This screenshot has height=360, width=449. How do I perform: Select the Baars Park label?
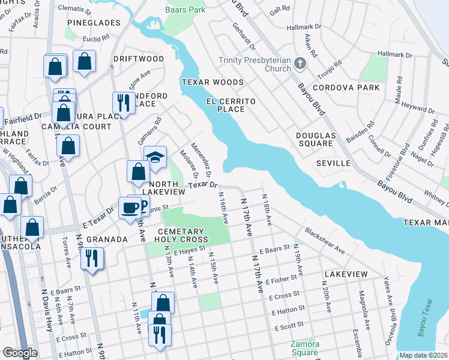point(185,10)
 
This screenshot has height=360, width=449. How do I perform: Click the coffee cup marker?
point(130,208)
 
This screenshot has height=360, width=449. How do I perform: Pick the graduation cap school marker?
point(155,157)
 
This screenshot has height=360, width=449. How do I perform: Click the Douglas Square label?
point(315,140)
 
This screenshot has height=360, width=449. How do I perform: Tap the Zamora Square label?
point(304,349)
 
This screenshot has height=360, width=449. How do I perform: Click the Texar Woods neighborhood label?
point(213,82)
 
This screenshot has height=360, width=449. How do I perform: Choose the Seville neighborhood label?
point(334,163)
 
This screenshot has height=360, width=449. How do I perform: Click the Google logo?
point(19,353)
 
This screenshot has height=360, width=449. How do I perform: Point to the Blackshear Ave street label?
point(324,241)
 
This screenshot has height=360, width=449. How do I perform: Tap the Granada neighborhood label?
point(106,239)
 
